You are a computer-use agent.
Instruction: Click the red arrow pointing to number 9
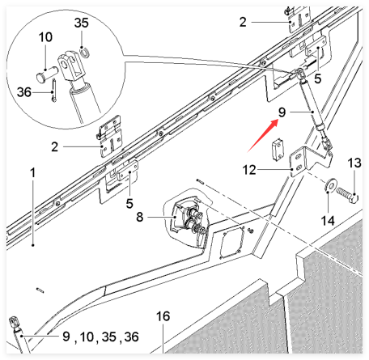[x=263, y=136]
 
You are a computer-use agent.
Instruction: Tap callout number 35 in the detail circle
[x=82, y=23]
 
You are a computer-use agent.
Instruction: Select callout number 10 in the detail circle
[x=45, y=37]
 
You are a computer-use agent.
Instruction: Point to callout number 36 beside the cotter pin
[x=24, y=92]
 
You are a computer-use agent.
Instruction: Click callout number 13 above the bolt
[x=354, y=163]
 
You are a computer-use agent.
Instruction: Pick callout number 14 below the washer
[x=328, y=221]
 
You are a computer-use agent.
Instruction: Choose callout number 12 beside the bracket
[x=249, y=170]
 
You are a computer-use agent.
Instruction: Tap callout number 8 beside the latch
[x=139, y=217]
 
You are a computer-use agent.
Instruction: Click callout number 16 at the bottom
[x=163, y=316]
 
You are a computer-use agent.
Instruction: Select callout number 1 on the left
[x=33, y=172]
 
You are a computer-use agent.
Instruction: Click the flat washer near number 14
[x=330, y=185]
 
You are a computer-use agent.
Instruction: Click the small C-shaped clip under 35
[x=85, y=53]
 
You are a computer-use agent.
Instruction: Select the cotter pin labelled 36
[x=54, y=90]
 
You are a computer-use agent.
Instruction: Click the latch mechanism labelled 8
[x=188, y=219]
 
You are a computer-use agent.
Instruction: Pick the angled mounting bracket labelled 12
[x=310, y=161]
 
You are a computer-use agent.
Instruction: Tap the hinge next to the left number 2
[x=109, y=136]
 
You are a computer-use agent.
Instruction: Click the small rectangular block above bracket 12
[x=278, y=149]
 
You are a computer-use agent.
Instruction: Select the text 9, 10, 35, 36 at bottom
[x=100, y=337]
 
